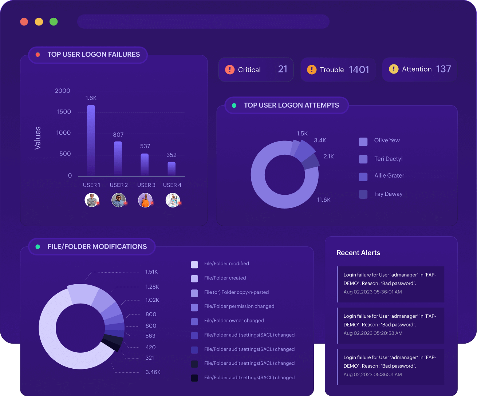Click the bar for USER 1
pos(91,140)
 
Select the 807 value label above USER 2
pos(118,135)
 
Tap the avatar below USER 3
pos(145,200)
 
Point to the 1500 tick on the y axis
pos(64,112)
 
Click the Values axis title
pos(38,138)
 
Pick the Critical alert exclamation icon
pos(230,70)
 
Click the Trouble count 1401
pos(359,70)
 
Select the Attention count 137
pos(443,69)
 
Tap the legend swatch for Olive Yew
pos(363,142)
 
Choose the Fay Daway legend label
pos(388,194)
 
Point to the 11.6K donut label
pos(324,200)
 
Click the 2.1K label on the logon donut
pos(328,157)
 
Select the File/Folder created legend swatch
pos(194,278)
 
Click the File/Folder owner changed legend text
pos(234,321)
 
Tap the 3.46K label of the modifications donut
pos(153,372)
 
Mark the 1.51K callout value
pos(151,272)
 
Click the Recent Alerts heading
pos(358,253)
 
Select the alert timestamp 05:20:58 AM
pos(373,333)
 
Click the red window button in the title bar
pos(24,22)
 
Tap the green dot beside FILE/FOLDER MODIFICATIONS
pos(38,247)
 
